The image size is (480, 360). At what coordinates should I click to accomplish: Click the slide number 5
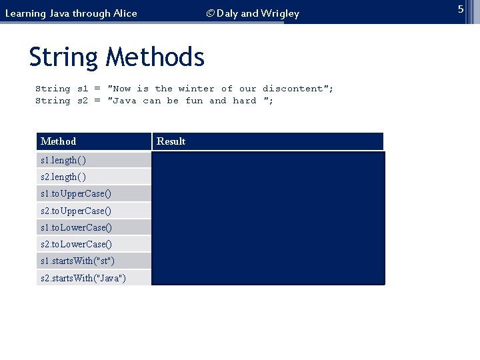pos(460,9)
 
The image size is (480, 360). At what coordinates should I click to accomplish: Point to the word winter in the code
pos(197,89)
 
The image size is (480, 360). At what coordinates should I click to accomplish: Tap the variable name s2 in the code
pos(83,101)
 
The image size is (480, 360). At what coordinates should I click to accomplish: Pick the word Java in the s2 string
pos(125,101)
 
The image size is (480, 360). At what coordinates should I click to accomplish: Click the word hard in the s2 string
pos(245,101)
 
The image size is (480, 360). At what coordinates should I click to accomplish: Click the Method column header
pos(59,141)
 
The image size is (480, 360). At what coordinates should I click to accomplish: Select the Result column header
pos(171,141)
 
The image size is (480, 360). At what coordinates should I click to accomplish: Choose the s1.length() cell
pos(63,161)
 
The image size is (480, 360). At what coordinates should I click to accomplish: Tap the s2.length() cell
pos(63,177)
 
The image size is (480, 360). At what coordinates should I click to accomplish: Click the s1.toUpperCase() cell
pos(76,194)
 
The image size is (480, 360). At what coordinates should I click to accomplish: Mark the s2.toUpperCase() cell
pos(76,211)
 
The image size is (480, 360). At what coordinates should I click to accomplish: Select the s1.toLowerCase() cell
pos(76,227)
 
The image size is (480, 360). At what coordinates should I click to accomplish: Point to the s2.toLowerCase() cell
pos(76,244)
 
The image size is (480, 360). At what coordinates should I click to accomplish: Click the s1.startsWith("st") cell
pos(77,261)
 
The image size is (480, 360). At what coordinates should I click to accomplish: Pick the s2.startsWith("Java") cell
pos(83,278)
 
